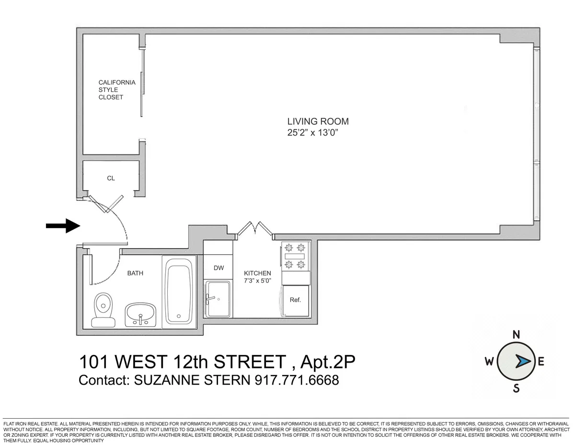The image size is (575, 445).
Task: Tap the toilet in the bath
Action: coord(103,309)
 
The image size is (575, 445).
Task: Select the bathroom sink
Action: coord(140,314)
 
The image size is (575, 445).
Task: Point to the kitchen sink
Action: coord(218,299)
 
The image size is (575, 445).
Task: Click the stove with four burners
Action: coord(295,257)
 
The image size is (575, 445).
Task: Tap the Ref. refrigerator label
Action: coord(295,300)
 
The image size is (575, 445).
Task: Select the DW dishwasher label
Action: coord(218,268)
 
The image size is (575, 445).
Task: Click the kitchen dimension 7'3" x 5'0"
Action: coord(257,281)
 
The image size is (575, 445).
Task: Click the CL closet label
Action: coord(111,178)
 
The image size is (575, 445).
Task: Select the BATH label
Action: coord(135,273)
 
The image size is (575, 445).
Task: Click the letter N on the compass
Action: coord(517,335)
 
